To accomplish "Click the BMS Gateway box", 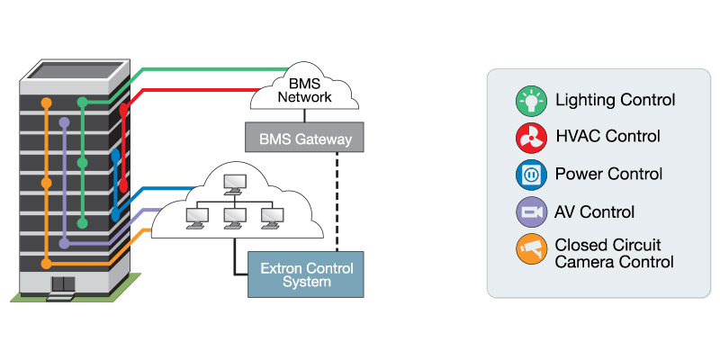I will tap(304, 138).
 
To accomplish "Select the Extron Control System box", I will tap(306, 274).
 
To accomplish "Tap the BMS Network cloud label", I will tap(304, 88).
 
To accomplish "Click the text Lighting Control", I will tap(616, 99).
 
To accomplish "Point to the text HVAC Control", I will tap(608, 137).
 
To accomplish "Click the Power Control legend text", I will tap(609, 174).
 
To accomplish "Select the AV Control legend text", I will tap(595, 212).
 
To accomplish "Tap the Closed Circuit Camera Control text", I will tap(615, 253).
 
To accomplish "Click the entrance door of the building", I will tap(63, 285).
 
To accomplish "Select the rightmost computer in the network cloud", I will tap(270, 217).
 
